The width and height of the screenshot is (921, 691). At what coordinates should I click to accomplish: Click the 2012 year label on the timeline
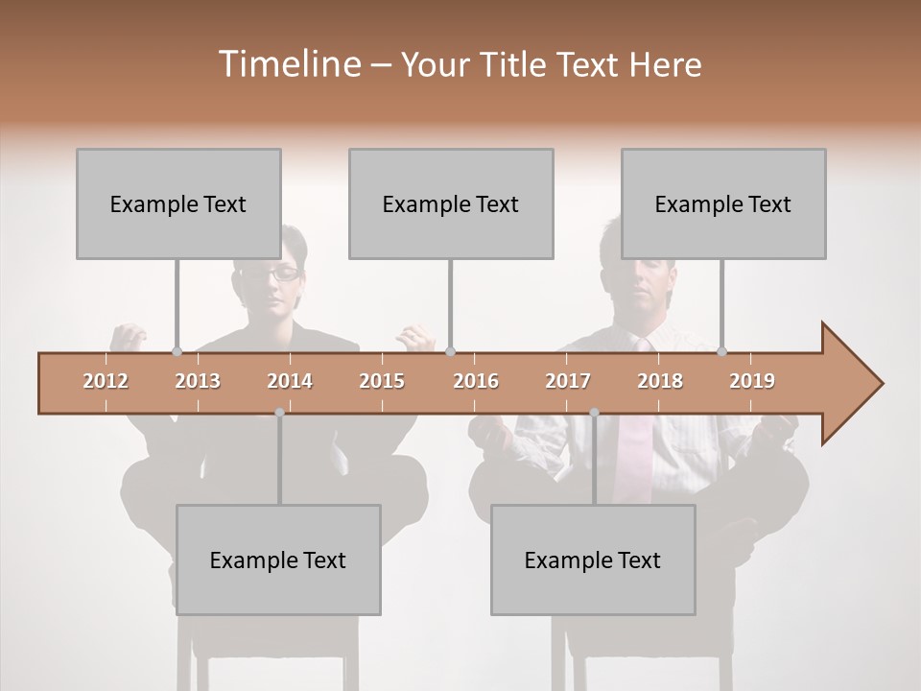[x=106, y=381]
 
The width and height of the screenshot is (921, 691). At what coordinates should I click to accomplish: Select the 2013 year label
[x=198, y=381]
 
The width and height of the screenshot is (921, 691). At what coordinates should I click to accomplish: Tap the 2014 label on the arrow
[x=290, y=381]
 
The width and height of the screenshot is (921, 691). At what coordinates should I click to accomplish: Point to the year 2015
[x=382, y=381]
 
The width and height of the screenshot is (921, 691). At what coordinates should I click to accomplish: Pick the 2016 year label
[x=476, y=381]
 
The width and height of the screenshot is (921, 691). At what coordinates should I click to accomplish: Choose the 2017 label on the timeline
[x=568, y=381]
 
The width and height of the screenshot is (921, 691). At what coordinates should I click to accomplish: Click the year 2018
[x=660, y=381]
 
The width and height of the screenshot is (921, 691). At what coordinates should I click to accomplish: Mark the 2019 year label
[x=752, y=381]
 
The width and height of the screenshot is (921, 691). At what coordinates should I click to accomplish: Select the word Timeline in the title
[x=288, y=64]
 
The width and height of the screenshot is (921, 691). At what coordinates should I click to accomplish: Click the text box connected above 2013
[x=178, y=203]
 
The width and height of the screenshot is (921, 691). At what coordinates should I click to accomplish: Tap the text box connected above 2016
[x=451, y=203]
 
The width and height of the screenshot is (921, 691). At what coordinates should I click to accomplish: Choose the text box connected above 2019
[x=723, y=203]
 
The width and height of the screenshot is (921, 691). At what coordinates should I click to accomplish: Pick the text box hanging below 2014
[x=278, y=560]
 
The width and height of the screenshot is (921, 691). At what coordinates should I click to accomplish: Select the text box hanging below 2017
[x=593, y=560]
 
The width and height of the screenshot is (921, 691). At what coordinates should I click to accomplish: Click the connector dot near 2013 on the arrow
[x=177, y=351]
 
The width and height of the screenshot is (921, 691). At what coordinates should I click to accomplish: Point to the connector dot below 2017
[x=594, y=413]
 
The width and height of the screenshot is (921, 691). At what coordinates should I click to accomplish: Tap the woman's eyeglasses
[x=272, y=274]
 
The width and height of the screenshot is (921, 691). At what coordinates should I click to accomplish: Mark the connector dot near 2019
[x=722, y=351]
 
